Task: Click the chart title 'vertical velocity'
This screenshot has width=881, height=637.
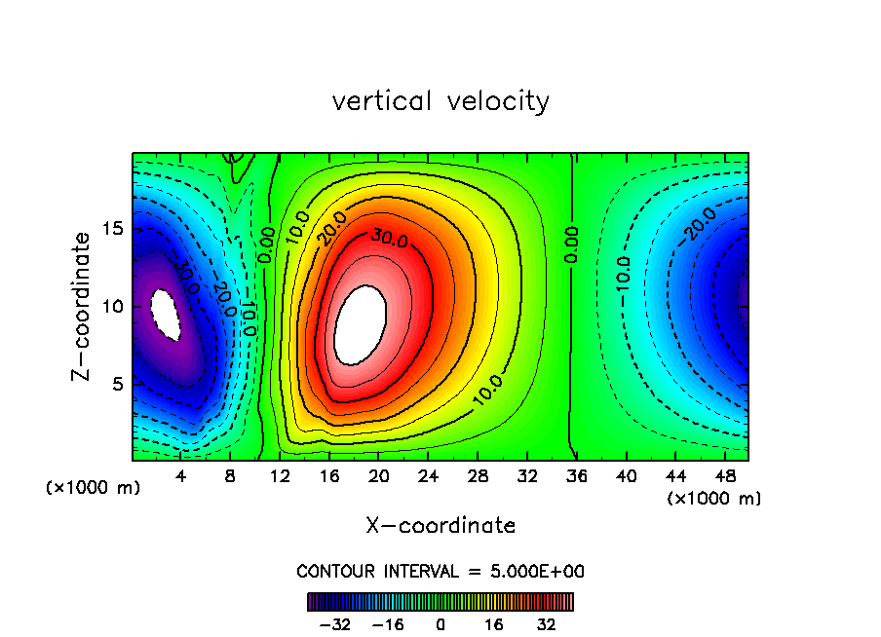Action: tap(440, 101)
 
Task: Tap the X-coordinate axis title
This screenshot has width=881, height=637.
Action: tap(440, 526)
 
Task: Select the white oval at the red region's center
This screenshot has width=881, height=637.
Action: tap(360, 324)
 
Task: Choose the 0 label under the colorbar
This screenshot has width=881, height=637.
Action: tap(440, 623)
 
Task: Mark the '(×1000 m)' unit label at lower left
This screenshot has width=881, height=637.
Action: tap(94, 488)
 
